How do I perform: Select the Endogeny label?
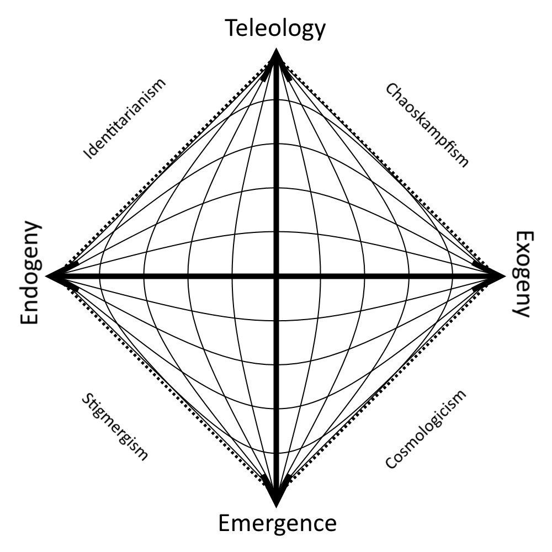(x=30, y=273)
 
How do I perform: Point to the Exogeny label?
(x=522, y=274)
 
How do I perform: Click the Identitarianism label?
(x=124, y=119)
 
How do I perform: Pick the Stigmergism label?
(x=115, y=427)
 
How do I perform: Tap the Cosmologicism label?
(x=426, y=429)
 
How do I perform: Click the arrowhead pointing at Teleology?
(x=277, y=58)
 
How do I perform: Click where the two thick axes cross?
(x=277, y=276)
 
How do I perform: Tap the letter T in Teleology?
(x=232, y=29)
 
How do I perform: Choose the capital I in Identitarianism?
(x=87, y=156)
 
